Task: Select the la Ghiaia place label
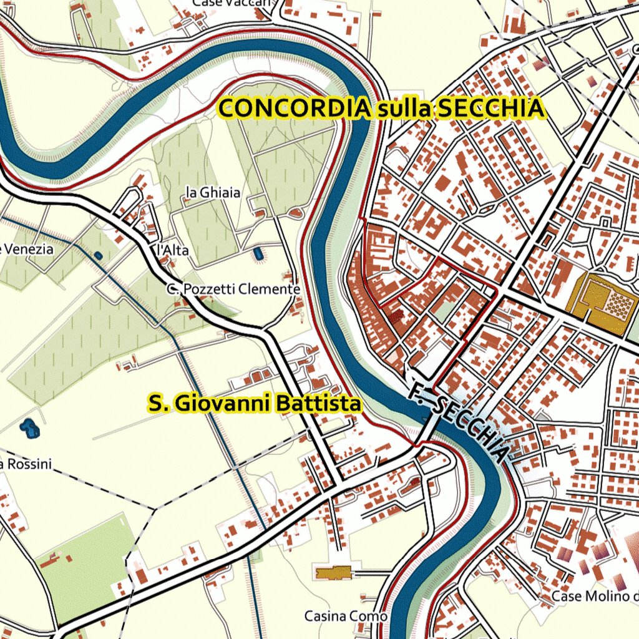click(213, 193)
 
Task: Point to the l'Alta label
click(172, 250)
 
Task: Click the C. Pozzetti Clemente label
click(233, 290)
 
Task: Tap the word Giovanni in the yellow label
click(223, 404)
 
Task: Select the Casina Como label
click(345, 617)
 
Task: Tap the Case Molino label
click(595, 597)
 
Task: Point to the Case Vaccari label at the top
click(233, 3)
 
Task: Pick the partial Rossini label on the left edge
click(26, 464)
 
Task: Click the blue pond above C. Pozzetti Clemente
click(258, 254)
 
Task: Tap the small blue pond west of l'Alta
click(98, 255)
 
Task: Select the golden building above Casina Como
click(334, 572)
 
